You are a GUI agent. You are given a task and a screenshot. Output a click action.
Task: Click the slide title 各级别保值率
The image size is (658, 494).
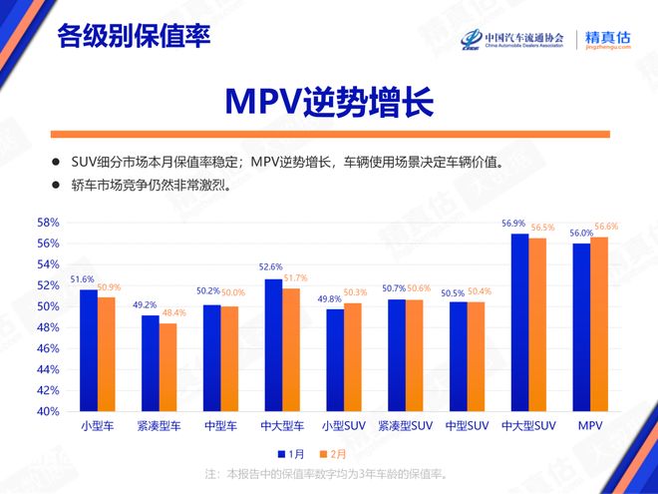[x=134, y=37]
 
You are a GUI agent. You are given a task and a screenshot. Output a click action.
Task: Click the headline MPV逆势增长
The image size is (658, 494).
[x=328, y=101]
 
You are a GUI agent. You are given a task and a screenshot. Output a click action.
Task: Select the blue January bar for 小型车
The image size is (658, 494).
[x=89, y=349]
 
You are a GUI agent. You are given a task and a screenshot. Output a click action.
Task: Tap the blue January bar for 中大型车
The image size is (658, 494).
[x=273, y=344]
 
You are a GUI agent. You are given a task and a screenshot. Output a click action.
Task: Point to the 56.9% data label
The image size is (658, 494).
[x=514, y=223]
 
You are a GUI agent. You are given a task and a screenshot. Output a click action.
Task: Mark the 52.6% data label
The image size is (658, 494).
[x=269, y=267]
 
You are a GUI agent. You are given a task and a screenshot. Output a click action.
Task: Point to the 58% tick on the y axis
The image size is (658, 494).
[x=48, y=223]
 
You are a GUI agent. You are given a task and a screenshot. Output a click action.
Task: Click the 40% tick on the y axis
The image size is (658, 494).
[x=48, y=411]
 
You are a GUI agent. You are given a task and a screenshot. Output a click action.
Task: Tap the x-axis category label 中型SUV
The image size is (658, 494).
[x=467, y=426]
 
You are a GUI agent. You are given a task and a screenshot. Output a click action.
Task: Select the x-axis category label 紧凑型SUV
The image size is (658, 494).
[x=405, y=426]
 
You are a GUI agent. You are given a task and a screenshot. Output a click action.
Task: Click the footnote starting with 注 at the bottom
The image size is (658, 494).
[x=328, y=473]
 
